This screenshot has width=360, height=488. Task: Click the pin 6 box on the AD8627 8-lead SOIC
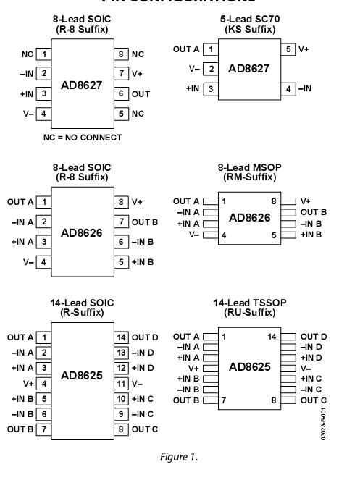coord(122,94)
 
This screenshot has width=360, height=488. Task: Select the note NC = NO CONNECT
coord(82,138)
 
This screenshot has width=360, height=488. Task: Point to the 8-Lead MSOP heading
coord(249,167)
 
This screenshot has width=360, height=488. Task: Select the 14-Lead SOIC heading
coord(82,303)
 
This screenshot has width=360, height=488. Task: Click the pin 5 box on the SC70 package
coord(288,49)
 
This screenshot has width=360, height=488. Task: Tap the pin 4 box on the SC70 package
coord(288,88)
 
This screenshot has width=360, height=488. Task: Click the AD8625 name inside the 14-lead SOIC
coord(83,376)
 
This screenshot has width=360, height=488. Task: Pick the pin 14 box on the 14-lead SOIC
coord(122,337)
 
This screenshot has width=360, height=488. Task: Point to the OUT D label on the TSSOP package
coord(313,337)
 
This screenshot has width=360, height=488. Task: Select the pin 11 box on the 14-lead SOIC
coord(122,383)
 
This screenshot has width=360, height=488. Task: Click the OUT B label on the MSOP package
coord(313,212)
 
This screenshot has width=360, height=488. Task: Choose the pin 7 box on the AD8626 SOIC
coord(122,222)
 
